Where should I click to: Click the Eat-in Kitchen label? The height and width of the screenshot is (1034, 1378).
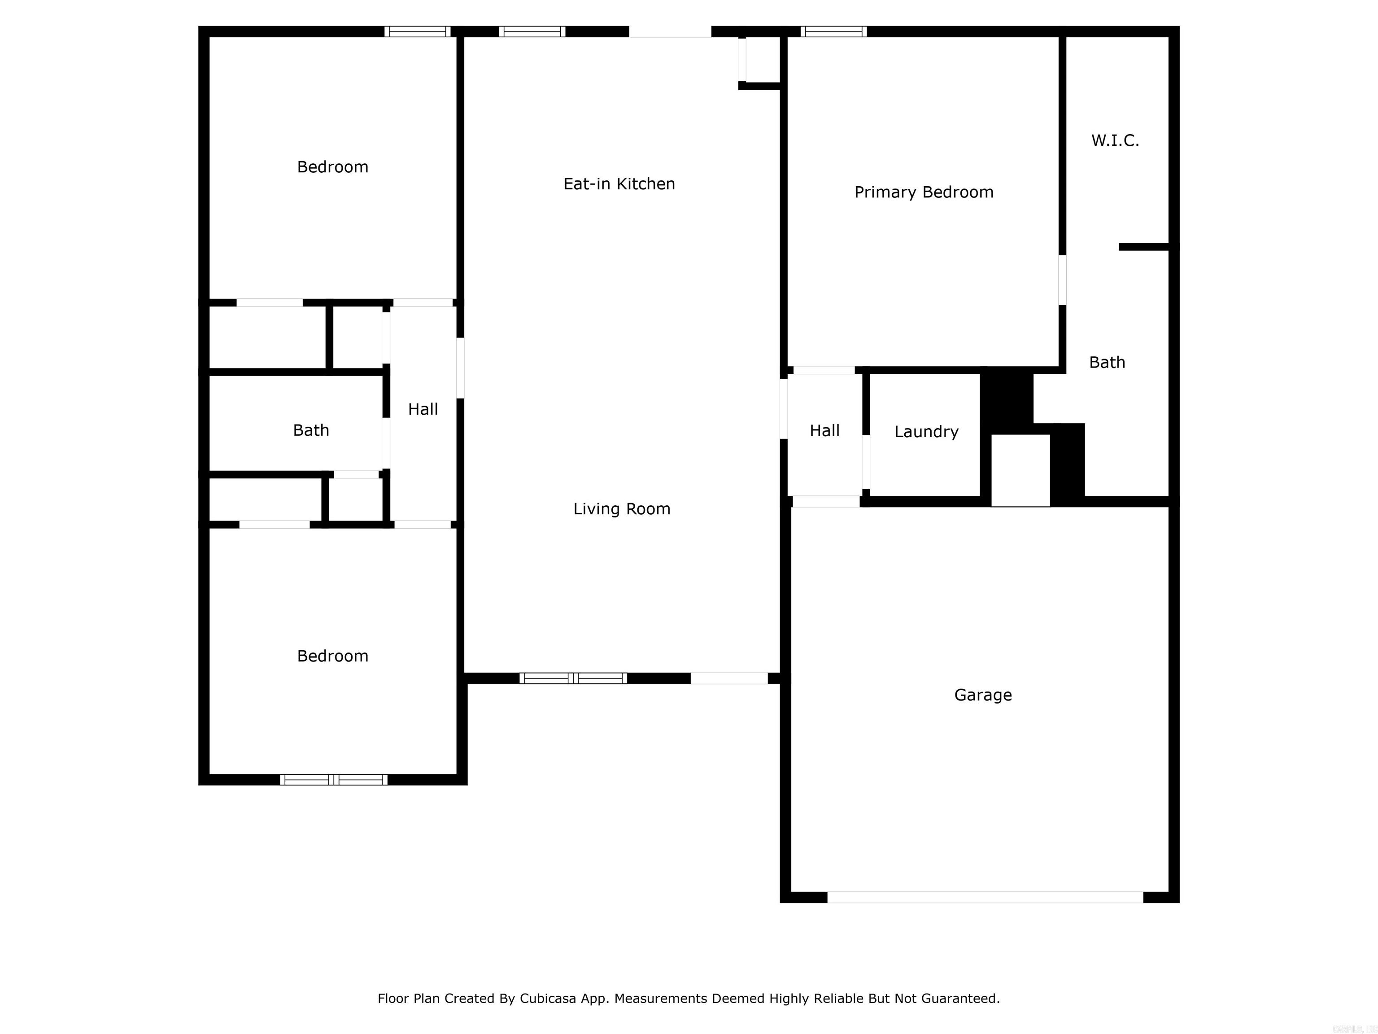tap(619, 184)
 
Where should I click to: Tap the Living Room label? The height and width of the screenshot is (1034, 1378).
tap(621, 509)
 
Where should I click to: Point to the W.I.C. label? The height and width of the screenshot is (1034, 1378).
tap(1115, 141)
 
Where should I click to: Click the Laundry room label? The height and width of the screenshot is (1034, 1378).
tap(926, 432)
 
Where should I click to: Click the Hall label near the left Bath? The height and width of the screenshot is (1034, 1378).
tap(423, 409)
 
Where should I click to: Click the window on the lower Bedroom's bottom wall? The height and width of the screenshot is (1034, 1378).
tap(333, 780)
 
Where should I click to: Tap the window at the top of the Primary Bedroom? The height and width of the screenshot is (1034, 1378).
tap(833, 31)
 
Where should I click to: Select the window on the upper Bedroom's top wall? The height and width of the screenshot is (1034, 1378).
tap(417, 31)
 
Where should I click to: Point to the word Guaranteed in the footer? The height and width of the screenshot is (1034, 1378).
tap(959, 999)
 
